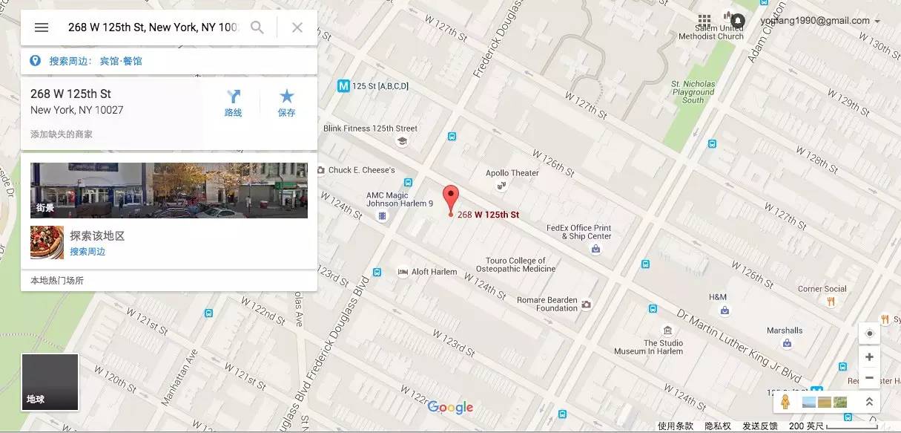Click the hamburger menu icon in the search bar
point(42,27)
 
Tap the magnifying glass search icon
point(257,27)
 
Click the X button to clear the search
point(297,27)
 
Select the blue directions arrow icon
point(234,97)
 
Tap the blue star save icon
point(287,97)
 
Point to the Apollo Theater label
point(512,173)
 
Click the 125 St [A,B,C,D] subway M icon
point(343,86)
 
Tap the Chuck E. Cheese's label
point(361,170)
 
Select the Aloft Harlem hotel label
point(434,272)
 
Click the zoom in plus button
point(869,357)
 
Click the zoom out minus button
point(869,377)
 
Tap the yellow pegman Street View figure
point(785,402)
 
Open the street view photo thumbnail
point(169,190)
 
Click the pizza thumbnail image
point(47,243)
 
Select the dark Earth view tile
point(50,382)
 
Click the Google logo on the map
point(450,407)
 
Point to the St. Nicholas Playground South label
point(693,92)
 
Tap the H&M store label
point(718,297)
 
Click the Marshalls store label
point(785,331)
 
